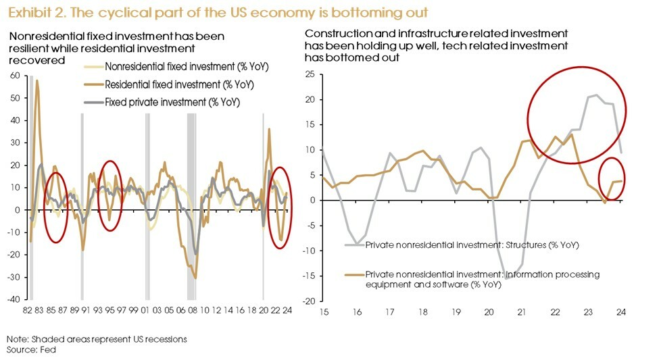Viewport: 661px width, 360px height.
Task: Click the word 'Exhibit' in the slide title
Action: (x=25, y=12)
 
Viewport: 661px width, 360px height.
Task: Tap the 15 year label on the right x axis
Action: (x=324, y=313)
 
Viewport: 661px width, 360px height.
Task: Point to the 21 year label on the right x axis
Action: (x=522, y=313)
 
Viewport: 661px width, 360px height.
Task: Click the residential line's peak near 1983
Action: (x=37, y=81)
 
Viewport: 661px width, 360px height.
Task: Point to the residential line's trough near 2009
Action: (x=195, y=278)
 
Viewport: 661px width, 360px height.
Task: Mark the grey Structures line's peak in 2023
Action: (x=596, y=95)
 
